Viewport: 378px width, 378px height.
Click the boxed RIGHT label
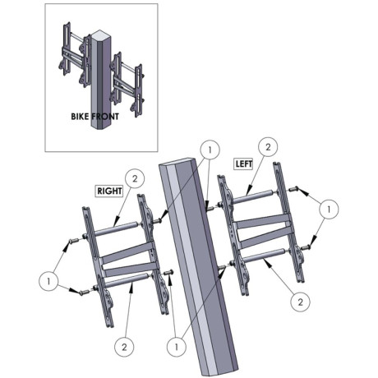pos(109,191)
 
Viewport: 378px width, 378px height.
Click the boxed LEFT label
pos(244,164)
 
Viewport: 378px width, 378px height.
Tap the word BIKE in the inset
pos(80,117)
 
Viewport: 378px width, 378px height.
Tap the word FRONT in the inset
pos(105,117)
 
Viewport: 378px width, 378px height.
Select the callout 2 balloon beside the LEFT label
pos(268,147)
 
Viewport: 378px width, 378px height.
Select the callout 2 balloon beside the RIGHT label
pos(135,178)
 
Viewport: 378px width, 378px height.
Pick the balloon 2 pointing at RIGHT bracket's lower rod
pos(124,347)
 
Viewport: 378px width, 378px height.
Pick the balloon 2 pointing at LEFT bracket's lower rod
pos(301,302)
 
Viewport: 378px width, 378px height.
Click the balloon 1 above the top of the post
pos(210,150)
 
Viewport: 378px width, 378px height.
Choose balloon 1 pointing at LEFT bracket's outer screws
pos(329,209)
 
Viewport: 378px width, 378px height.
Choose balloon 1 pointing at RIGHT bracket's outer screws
pos(48,281)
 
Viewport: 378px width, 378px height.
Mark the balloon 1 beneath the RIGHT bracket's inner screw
pos(177,347)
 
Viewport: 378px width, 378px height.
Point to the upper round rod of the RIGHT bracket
pos(116,228)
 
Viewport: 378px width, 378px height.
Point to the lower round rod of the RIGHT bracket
pos(127,280)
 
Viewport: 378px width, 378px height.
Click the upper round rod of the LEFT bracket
pos(252,196)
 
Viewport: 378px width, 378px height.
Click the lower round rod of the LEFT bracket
pos(265,255)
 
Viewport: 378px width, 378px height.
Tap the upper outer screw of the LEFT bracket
pos(293,189)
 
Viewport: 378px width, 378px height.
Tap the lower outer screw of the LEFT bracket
pos(306,247)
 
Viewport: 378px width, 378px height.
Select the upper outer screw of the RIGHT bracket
pos(73,241)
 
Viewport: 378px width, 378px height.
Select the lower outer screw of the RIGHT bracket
pos(84,293)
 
